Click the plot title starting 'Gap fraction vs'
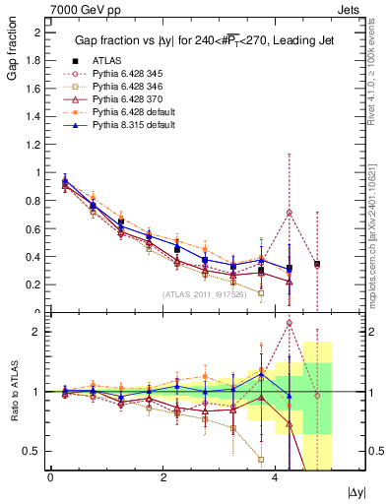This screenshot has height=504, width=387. pos(196,40)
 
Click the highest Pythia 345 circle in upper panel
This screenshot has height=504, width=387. pos(290,213)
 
